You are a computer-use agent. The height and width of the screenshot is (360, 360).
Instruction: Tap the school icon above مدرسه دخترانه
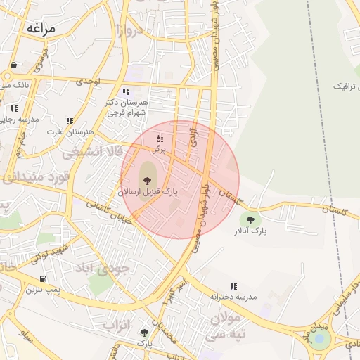[233, 286]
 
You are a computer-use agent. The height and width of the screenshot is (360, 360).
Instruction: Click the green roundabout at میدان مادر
[321, 339]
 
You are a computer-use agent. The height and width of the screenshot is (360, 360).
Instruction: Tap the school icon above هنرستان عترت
[70, 121]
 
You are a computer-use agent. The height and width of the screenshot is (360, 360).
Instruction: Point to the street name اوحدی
[88, 82]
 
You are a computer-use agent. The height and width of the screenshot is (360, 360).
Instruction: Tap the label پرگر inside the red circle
[160, 149]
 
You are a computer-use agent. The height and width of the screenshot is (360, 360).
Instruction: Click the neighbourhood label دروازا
[130, 30]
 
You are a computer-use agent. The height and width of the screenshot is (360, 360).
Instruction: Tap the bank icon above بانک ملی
[13, 65]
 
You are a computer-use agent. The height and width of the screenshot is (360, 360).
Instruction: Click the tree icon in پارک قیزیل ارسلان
[147, 181]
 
